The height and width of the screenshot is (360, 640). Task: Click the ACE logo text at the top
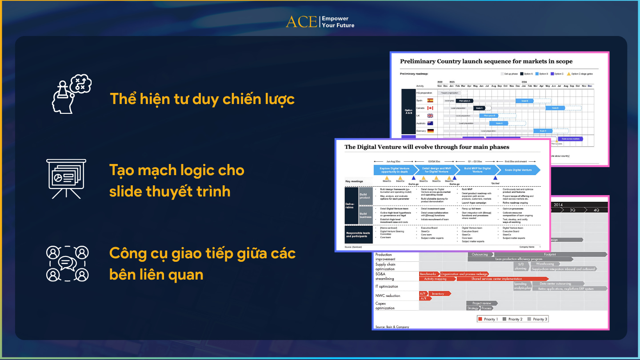[301, 22]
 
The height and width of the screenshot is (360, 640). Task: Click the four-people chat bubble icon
[67, 264]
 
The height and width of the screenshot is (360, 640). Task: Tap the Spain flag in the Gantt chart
[430, 100]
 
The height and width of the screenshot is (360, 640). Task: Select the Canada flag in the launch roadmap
[430, 108]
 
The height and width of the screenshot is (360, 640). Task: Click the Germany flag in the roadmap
[430, 131]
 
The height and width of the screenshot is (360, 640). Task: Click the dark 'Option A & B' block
[408, 112]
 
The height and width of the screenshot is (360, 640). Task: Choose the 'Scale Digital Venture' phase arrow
[518, 170]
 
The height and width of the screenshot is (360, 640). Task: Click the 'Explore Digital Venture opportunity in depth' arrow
[394, 170]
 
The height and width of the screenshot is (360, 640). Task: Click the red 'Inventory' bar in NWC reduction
[438, 294]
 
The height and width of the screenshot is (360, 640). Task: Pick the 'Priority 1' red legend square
[480, 319]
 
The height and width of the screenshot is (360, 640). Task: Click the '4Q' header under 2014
[596, 210]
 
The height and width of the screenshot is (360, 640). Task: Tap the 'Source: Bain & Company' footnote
[392, 327]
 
